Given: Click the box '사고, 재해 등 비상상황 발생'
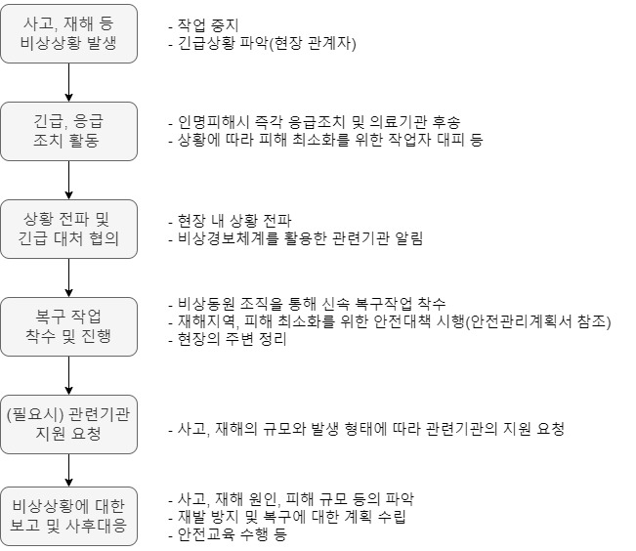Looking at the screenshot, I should point(68,35).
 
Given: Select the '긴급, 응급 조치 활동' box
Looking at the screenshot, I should point(68,131).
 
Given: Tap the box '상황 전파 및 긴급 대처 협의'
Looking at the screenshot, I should point(68,230).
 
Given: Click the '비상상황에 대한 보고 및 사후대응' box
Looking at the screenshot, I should point(68,519).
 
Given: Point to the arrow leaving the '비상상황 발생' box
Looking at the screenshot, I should point(68,83).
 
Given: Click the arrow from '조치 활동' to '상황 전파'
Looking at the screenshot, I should point(68,180).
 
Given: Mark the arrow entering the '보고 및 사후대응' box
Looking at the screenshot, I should point(68,471).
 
